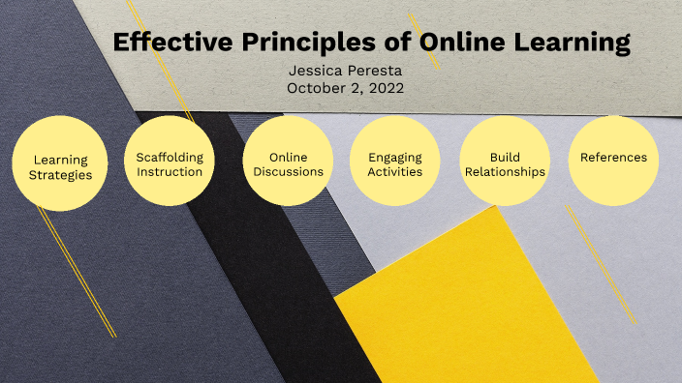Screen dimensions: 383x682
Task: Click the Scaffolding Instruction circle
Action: click(x=170, y=162)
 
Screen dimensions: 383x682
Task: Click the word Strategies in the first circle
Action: click(x=60, y=175)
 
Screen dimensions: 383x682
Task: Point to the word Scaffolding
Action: click(x=170, y=156)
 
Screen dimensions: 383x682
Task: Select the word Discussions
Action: click(x=289, y=172)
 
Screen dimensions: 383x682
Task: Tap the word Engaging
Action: click(x=394, y=156)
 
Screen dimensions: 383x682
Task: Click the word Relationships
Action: click(x=504, y=172)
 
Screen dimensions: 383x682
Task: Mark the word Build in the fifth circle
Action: click(x=505, y=156)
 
